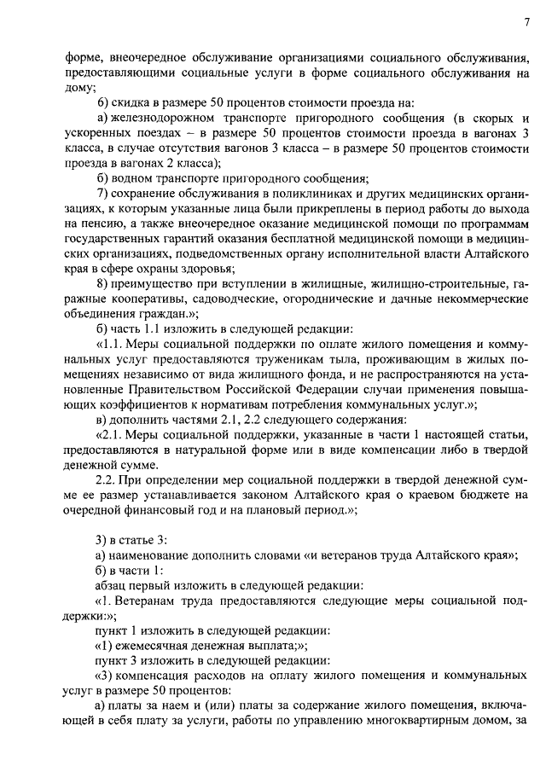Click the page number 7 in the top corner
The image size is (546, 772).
(x=526, y=22)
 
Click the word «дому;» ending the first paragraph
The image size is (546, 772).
(x=81, y=87)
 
